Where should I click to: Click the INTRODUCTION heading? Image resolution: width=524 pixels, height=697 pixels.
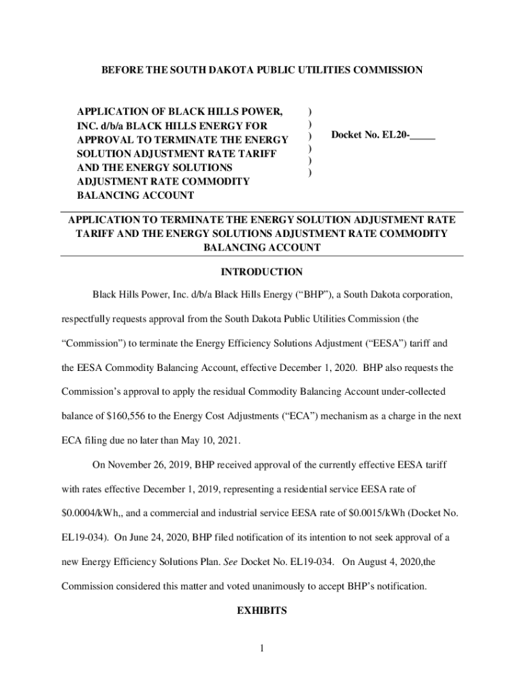click(x=262, y=272)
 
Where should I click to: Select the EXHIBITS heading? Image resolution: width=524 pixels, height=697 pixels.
click(x=262, y=611)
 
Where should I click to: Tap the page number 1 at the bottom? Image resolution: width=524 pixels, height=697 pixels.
click(x=262, y=647)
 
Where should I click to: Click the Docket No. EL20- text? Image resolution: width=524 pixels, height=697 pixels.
click(x=370, y=135)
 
